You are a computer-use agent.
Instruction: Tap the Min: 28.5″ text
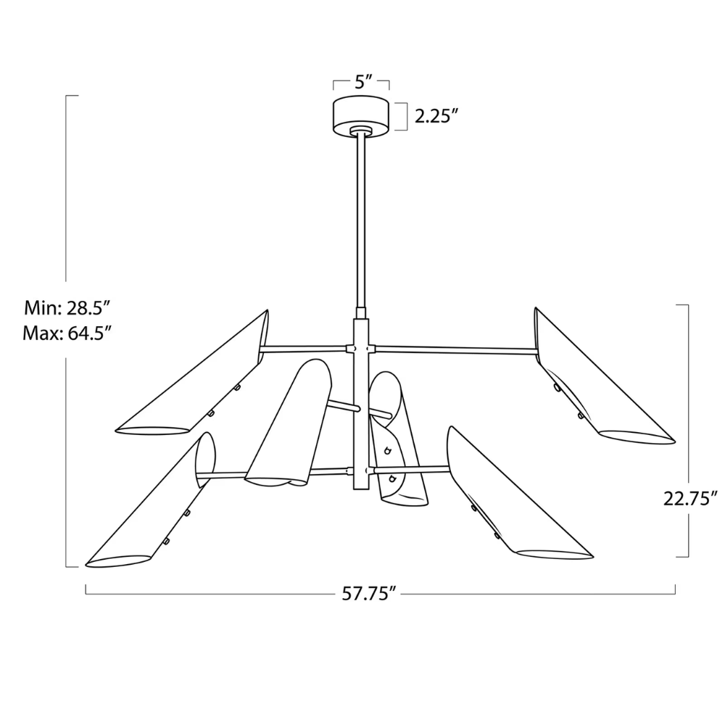coord(67,308)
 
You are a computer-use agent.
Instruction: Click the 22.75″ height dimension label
coord(690,498)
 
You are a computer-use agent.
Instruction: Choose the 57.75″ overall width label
coord(370,592)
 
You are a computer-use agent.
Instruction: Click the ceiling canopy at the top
coord(361,115)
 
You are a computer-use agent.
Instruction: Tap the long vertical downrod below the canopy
coord(360,217)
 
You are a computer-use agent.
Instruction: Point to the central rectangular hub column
coord(360,402)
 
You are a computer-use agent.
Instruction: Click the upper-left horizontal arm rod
coord(304,349)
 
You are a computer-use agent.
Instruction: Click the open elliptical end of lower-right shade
coord(555,554)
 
